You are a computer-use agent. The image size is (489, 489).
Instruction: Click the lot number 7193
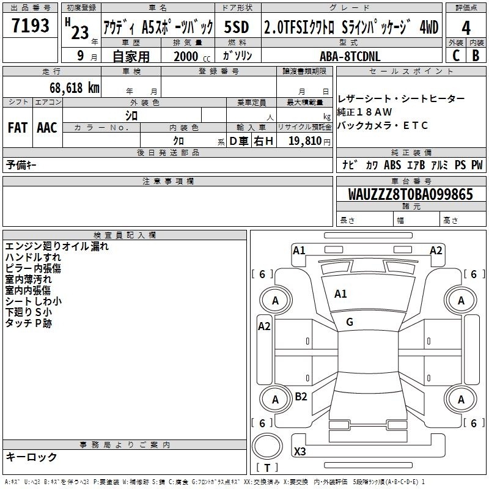point(31,25)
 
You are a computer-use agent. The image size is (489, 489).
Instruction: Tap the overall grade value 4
point(466,28)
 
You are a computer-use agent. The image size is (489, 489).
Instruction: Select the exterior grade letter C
point(456,56)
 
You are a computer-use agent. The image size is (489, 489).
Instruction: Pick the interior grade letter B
point(476,56)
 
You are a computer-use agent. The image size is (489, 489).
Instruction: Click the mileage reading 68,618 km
point(75,88)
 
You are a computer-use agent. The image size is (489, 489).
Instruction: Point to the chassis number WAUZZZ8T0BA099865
point(410,194)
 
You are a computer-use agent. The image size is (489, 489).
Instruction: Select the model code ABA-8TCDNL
point(350,56)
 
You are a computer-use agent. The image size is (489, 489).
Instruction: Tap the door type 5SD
point(237,27)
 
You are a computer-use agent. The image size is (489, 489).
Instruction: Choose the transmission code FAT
point(18,128)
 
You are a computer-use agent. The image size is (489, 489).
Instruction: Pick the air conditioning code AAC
point(47,128)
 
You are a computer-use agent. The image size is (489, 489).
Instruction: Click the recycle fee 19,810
point(305,141)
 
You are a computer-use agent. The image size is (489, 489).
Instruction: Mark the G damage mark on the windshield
point(350,322)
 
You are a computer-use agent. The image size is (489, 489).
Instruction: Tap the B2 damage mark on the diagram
point(301,396)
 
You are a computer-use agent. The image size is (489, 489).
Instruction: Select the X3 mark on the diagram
point(300,451)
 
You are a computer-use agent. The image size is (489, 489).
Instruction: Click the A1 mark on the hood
point(340,294)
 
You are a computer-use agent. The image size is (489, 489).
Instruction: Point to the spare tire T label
point(267,468)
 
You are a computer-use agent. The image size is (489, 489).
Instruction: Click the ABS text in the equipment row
point(392,164)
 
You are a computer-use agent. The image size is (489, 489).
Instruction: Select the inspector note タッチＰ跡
point(28,323)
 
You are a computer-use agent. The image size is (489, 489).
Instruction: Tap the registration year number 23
point(80,32)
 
